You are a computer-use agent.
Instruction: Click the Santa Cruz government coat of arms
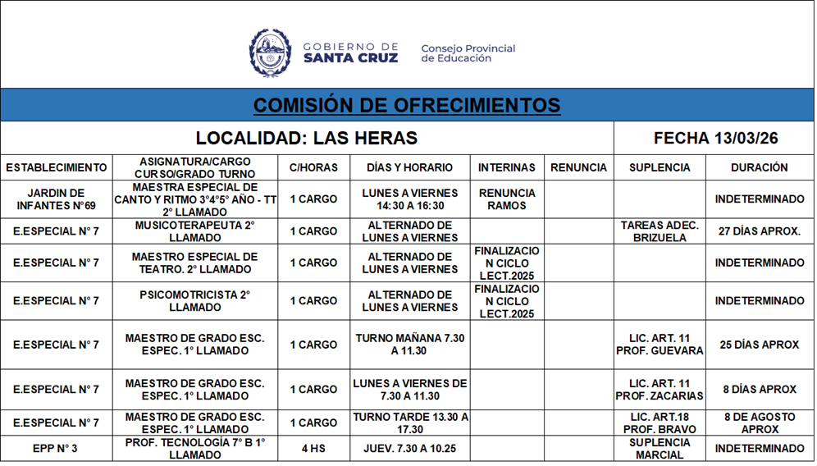point(270,53)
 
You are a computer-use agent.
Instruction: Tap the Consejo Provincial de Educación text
point(468,53)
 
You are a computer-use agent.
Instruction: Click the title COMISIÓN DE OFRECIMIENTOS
point(407,105)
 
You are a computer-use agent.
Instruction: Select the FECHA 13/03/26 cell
point(715,138)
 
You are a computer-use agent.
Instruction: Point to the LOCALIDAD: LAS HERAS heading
point(306,138)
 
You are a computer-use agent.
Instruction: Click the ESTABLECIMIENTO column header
point(57,167)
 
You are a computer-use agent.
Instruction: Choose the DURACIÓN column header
point(759,167)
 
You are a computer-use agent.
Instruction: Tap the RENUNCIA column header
point(578,167)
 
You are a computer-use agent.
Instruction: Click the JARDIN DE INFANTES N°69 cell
point(57,199)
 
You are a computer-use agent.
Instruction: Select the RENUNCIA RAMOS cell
point(507,199)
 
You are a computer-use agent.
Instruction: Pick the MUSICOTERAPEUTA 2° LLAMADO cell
point(195,231)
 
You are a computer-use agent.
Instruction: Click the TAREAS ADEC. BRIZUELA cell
point(660,231)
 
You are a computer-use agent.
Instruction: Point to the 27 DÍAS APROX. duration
point(759,231)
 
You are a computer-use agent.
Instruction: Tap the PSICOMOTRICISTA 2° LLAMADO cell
point(195,301)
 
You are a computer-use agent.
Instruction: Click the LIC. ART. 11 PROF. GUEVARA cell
point(660,345)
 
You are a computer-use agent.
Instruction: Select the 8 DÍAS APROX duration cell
point(759,390)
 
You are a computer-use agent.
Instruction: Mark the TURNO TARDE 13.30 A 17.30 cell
point(411,423)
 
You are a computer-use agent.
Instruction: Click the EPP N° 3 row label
point(57,449)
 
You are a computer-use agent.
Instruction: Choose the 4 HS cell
point(313,449)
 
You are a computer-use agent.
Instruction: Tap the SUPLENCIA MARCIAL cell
point(660,449)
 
